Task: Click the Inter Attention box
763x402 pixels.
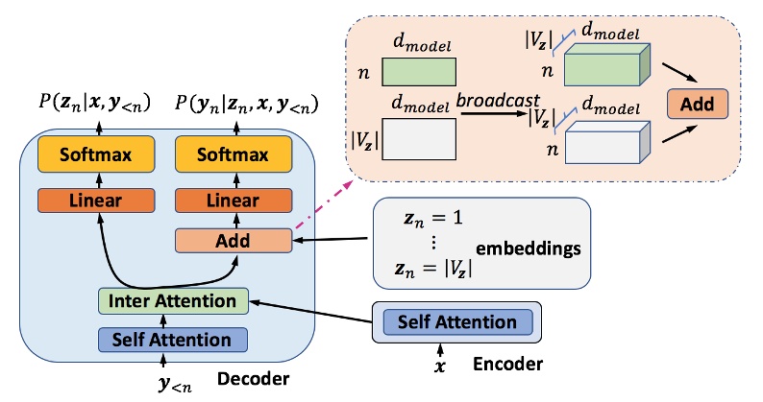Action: [x=173, y=300]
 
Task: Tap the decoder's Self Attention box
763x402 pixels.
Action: [x=172, y=340]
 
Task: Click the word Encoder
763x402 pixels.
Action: [x=507, y=365]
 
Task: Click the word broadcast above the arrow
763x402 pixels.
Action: [x=498, y=100]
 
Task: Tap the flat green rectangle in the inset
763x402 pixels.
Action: [x=419, y=73]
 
